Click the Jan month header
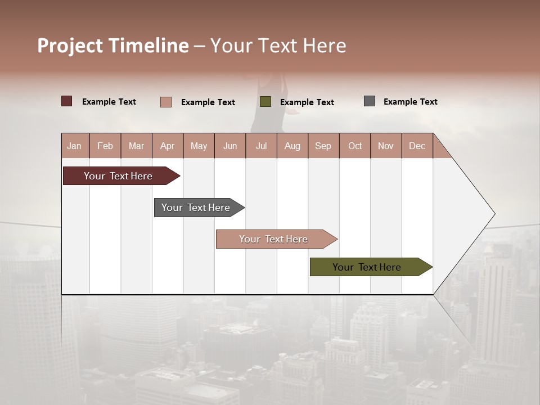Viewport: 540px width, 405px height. click(75, 146)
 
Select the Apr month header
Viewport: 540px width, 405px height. click(168, 146)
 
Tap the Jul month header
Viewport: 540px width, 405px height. click(261, 146)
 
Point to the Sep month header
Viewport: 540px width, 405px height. click(323, 146)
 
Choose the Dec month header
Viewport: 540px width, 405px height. click(417, 146)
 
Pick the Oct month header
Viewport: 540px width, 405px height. click(355, 146)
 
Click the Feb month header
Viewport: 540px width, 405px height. click(105, 146)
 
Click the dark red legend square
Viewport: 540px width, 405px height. click(67, 101)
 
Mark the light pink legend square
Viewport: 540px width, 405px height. click(166, 102)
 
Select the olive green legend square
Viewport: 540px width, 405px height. click(265, 102)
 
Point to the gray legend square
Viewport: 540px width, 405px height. click(370, 101)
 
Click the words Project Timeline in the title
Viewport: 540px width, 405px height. click(113, 46)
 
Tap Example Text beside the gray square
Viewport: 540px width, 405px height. click(410, 102)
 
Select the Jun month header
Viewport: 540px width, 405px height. click(230, 146)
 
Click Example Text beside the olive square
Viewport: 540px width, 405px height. click(307, 102)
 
